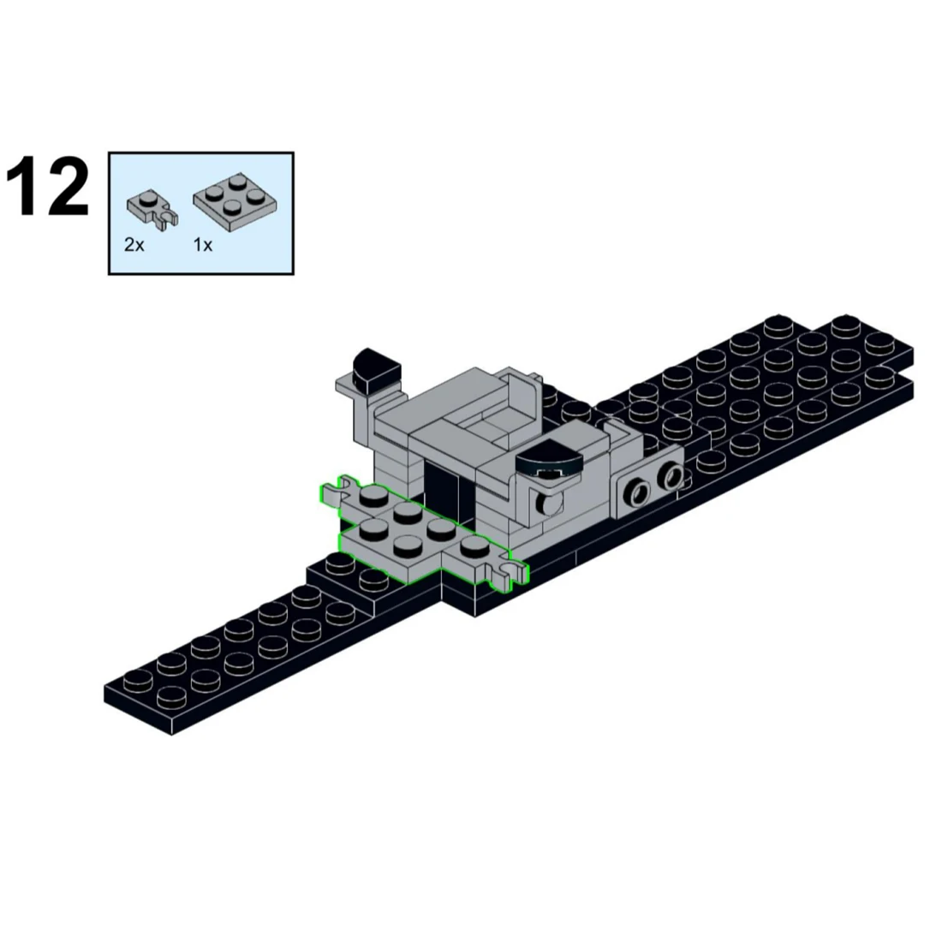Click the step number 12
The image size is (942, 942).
[47, 186]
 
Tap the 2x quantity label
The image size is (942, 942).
[134, 245]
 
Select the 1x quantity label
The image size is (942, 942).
[202, 245]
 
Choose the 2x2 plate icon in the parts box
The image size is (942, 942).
[235, 201]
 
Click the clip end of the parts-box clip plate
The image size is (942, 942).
[167, 219]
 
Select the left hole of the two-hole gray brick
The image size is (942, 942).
[638, 492]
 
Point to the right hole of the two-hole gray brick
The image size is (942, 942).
[670, 476]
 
